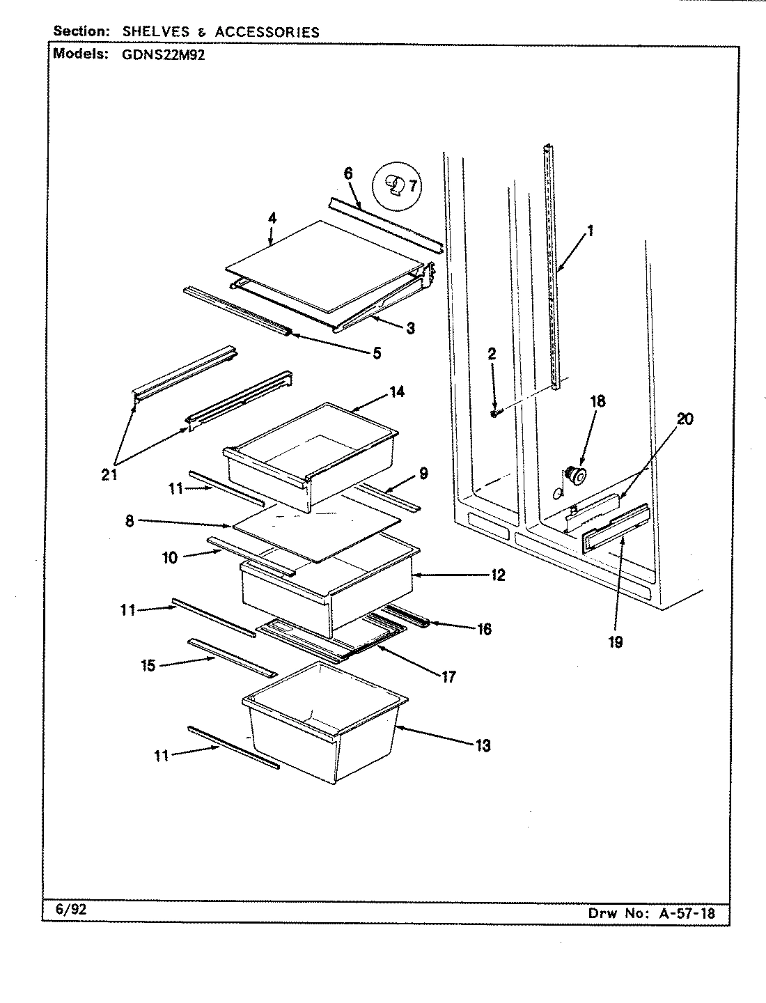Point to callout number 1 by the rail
click(590, 231)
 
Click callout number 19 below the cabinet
click(615, 642)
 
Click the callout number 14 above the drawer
click(396, 391)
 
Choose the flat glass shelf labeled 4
click(324, 265)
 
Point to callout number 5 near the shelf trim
click(376, 353)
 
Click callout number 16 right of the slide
click(484, 628)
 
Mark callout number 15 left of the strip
click(148, 664)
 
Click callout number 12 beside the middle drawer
click(497, 575)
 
